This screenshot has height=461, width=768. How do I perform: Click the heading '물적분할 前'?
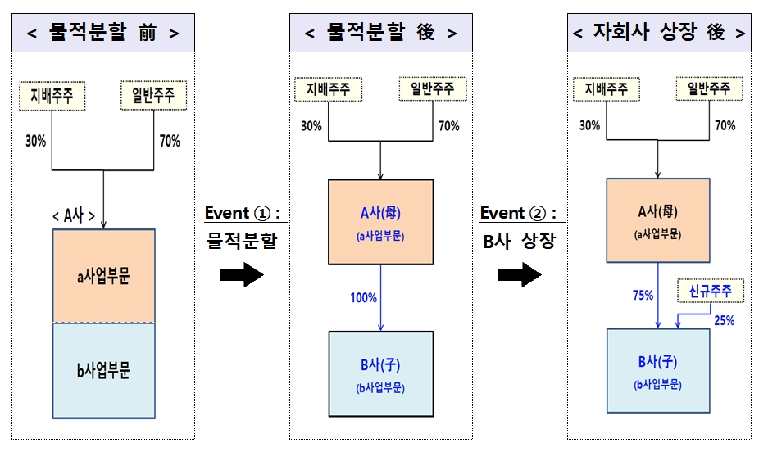click(103, 34)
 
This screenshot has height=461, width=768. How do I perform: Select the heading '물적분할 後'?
click(380, 34)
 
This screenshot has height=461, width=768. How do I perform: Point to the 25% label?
click(724, 320)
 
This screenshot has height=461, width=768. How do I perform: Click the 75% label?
click(643, 295)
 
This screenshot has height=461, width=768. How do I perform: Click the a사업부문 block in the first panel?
click(103, 276)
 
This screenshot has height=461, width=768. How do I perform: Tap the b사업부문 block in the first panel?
click(103, 371)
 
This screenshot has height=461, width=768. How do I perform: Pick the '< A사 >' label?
click(74, 216)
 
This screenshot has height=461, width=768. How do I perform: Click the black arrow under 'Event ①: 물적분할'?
click(242, 276)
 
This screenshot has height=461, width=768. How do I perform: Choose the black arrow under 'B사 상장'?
click(520, 276)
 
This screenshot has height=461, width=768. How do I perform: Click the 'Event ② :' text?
click(518, 213)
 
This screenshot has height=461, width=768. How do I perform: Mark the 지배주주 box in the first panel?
click(52, 94)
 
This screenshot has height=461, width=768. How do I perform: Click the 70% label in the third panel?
click(725, 126)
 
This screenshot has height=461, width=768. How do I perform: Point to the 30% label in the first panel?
click(35, 141)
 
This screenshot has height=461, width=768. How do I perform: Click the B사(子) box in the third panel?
click(657, 371)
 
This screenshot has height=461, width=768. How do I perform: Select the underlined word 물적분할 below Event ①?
click(242, 242)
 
